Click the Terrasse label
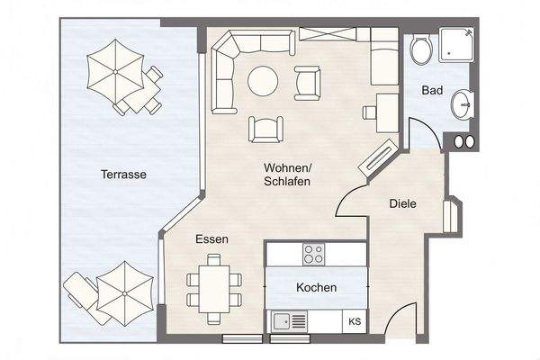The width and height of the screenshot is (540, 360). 123,175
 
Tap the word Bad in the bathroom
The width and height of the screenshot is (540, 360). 432,90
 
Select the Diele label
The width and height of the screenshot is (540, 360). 402,203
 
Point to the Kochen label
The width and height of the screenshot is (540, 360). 317,287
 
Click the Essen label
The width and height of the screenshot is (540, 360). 211,239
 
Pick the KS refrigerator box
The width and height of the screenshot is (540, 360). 355,321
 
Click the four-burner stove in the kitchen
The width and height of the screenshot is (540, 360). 314,254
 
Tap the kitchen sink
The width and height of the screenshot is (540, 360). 289,322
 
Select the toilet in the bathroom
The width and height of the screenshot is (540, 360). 421,49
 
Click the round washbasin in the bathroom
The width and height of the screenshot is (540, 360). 462,104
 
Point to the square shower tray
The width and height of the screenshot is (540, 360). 456,45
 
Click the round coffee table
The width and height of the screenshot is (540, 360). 263,81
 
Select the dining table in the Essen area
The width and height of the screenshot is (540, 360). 214,289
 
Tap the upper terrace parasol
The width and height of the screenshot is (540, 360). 115,71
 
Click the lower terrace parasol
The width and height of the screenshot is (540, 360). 125,293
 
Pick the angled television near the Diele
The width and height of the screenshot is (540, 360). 377,158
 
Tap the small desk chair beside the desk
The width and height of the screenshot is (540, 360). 370,112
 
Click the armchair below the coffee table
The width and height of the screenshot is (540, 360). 265,130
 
